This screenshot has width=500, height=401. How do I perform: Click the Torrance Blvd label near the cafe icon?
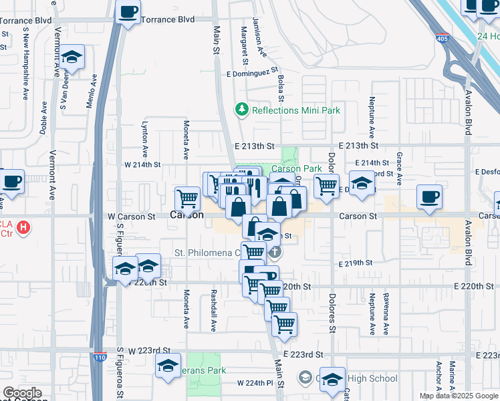tap(168, 19)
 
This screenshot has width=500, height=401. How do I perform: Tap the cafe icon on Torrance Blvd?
tap(128, 11)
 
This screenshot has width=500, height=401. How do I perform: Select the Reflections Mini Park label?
tap(295, 110)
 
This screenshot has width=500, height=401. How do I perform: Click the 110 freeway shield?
tap(100, 357)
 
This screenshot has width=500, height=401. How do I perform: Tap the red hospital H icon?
tap(23, 227)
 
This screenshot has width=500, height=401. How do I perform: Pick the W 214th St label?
tap(142, 164)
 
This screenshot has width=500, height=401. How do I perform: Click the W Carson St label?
tap(131, 217)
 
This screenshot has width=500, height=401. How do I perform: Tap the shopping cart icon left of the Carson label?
tap(187, 198)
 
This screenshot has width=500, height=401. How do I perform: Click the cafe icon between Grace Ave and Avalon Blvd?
tap(429, 196)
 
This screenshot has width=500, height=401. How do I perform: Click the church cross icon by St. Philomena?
tap(275, 253)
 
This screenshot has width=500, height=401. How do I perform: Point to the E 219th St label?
tap(354, 263)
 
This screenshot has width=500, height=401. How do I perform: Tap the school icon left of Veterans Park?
tap(168, 366)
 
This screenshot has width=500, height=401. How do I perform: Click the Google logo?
tap(22, 394)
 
